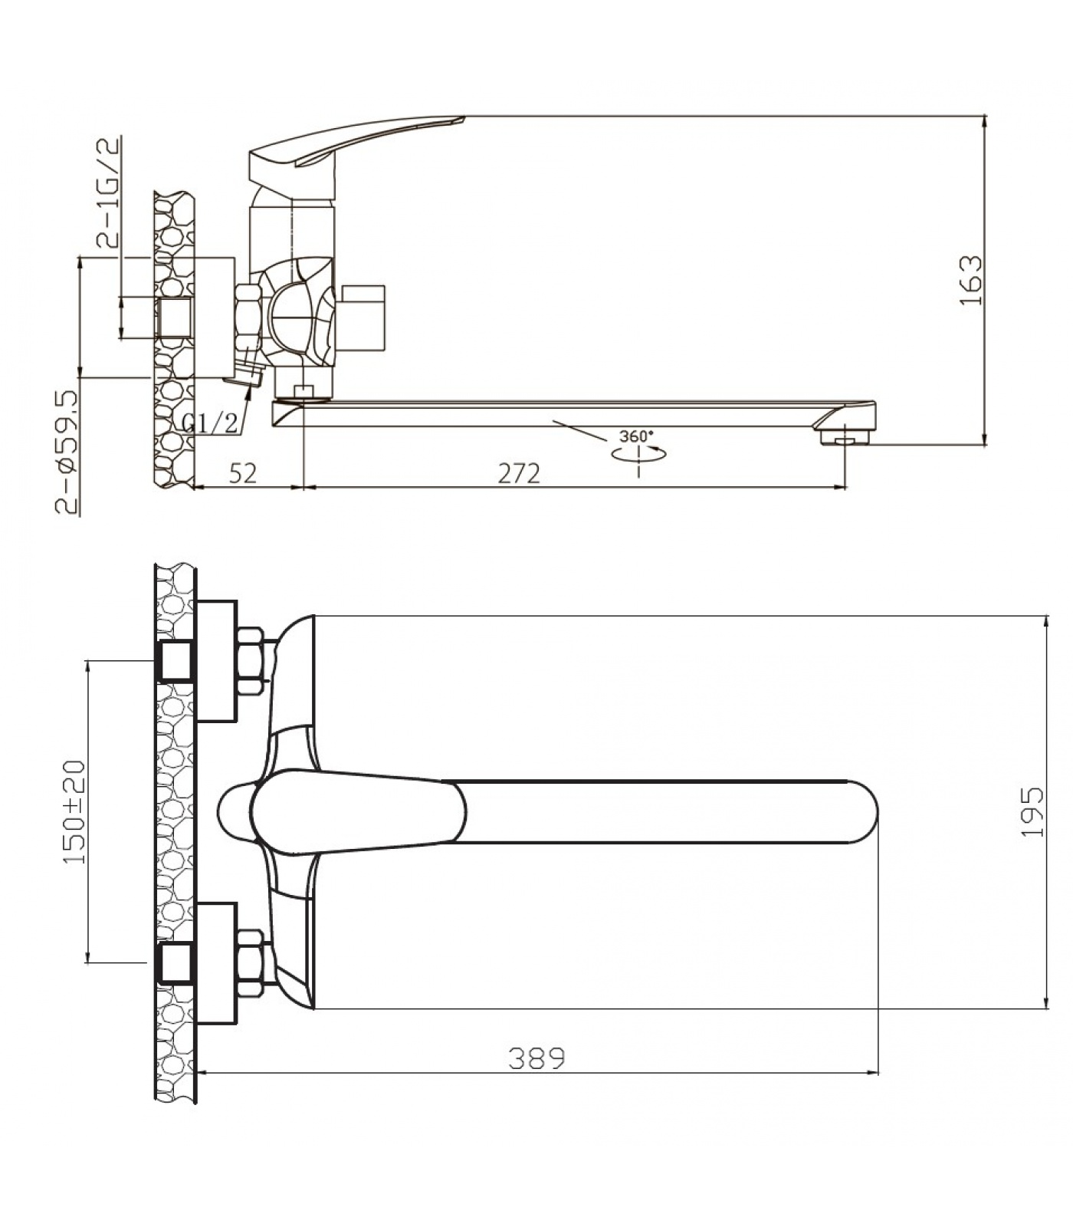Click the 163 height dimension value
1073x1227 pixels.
point(971,280)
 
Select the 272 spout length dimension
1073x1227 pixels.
point(519,473)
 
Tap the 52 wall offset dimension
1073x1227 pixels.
point(243,473)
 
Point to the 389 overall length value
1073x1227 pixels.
point(536,1058)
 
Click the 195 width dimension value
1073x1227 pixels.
point(1032,811)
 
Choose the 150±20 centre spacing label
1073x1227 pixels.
point(74,811)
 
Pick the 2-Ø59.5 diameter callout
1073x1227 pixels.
point(67,451)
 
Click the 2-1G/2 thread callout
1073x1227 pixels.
point(109,192)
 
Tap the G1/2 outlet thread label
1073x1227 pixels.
point(210,422)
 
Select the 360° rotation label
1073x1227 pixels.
point(637,436)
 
